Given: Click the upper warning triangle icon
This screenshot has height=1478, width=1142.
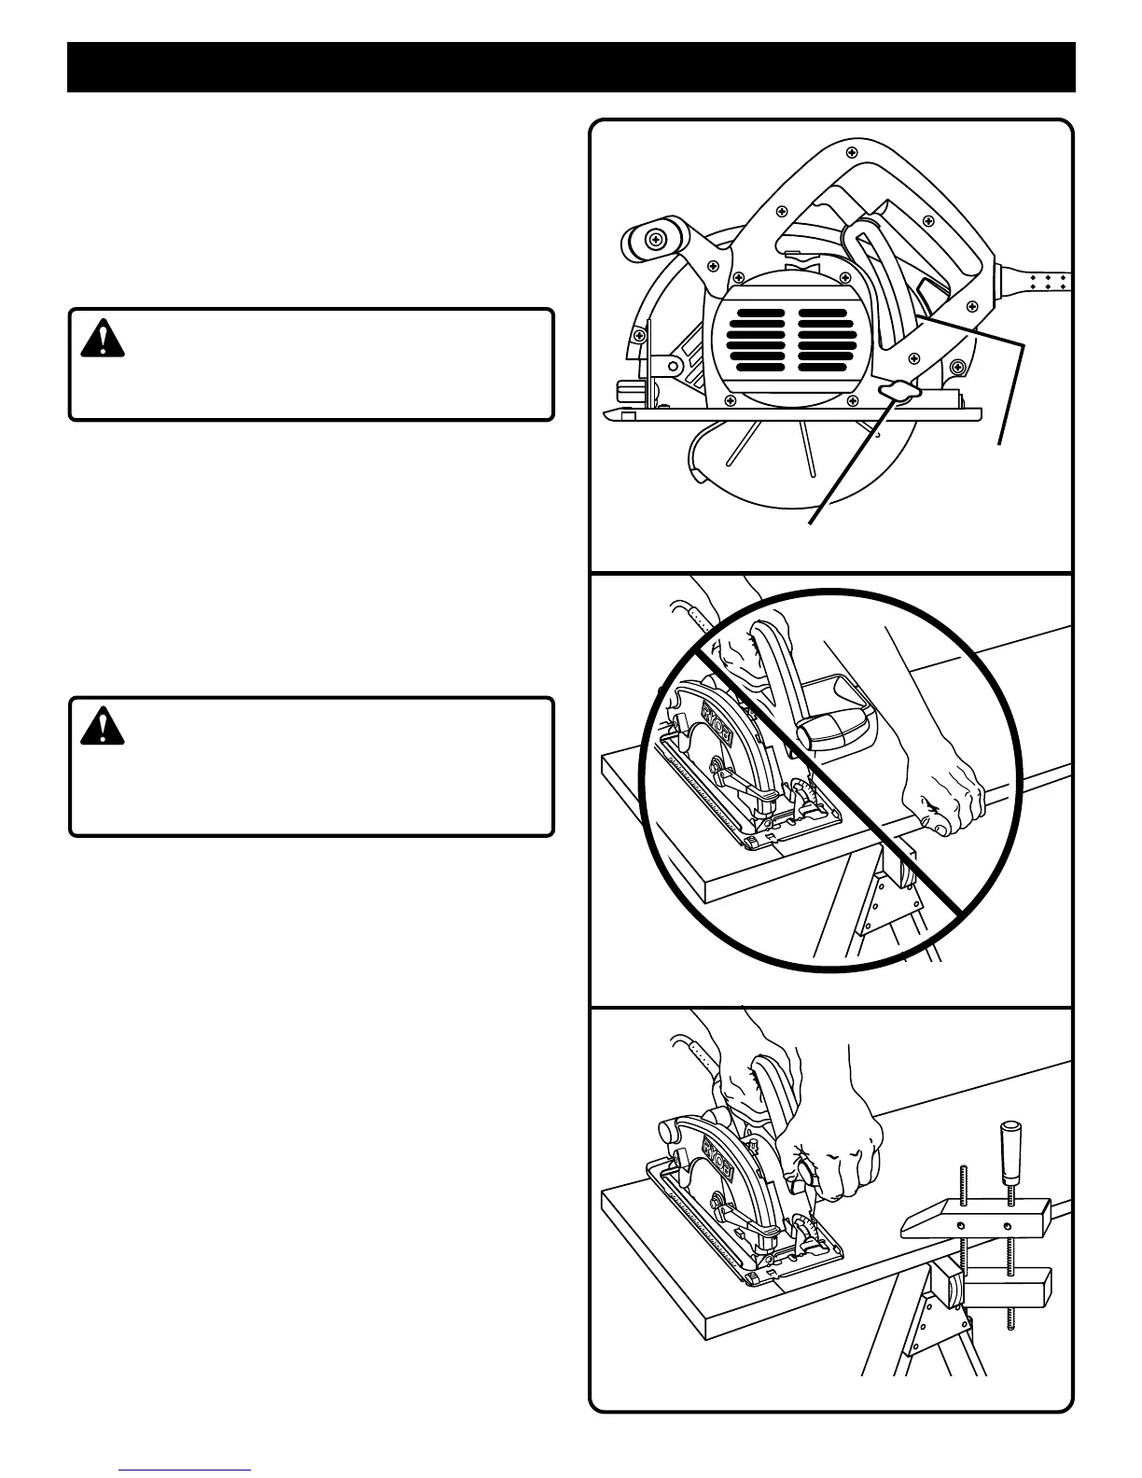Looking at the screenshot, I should pyautogui.click(x=102, y=341).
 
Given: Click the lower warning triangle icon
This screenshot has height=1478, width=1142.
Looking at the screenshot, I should pyautogui.click(x=102, y=727).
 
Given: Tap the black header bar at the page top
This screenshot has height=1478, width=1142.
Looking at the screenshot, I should pyautogui.click(x=571, y=66).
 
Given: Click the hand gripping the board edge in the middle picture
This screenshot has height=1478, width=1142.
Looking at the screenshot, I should pyautogui.click(x=941, y=794).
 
